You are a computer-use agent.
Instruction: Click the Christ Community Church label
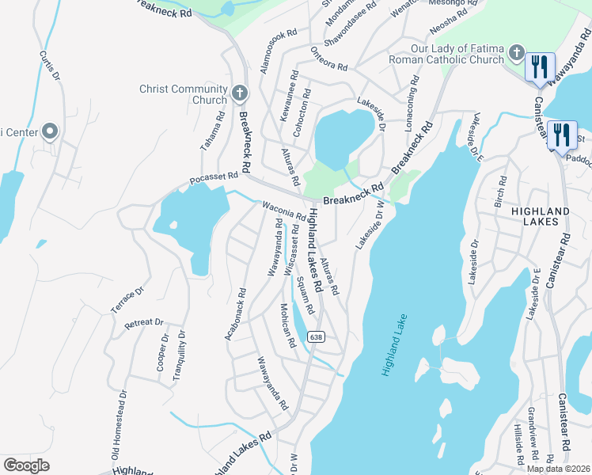pos(183,95)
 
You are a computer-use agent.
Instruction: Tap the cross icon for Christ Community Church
pos(240,95)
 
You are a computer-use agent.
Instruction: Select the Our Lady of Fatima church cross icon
pos(517,53)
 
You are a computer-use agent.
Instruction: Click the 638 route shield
pos(316,336)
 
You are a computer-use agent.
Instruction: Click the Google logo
pos(26,465)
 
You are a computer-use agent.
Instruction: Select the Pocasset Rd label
pos(214,179)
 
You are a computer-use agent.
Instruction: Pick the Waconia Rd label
pos(283,211)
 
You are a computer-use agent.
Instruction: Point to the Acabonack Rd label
pos(235,315)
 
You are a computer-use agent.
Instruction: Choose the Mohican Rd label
pos(287,325)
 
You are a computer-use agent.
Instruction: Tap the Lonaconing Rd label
pos(412,99)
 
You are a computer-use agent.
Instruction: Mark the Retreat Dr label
pos(143,323)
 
